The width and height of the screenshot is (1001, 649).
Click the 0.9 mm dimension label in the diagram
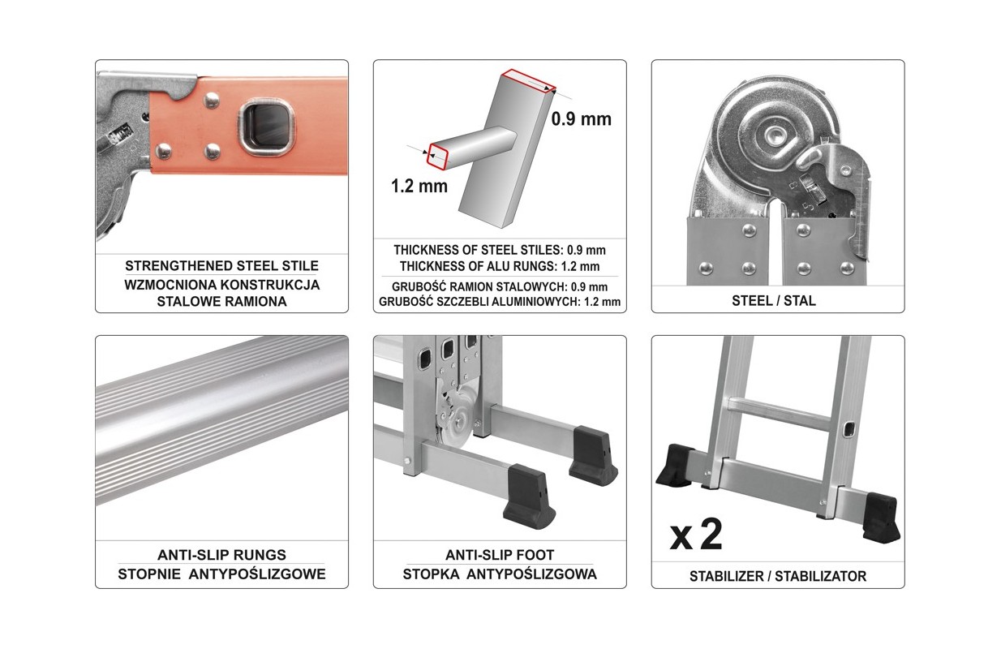point(581,119)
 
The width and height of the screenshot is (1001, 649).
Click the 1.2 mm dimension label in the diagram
point(419,186)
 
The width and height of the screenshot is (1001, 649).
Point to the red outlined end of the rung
point(438,157)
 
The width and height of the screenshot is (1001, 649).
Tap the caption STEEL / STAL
point(774,301)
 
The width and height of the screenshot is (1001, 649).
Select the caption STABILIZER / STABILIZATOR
point(778,576)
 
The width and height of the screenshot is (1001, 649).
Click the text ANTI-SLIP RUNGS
point(221,555)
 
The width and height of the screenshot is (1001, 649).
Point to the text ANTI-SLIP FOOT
point(500,555)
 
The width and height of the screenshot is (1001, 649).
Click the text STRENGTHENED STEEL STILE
point(221,265)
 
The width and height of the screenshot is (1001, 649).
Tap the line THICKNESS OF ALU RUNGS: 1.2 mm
point(500,266)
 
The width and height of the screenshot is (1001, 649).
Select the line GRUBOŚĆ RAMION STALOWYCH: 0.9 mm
point(500,286)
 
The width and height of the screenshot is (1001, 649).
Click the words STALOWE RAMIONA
point(221,301)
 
